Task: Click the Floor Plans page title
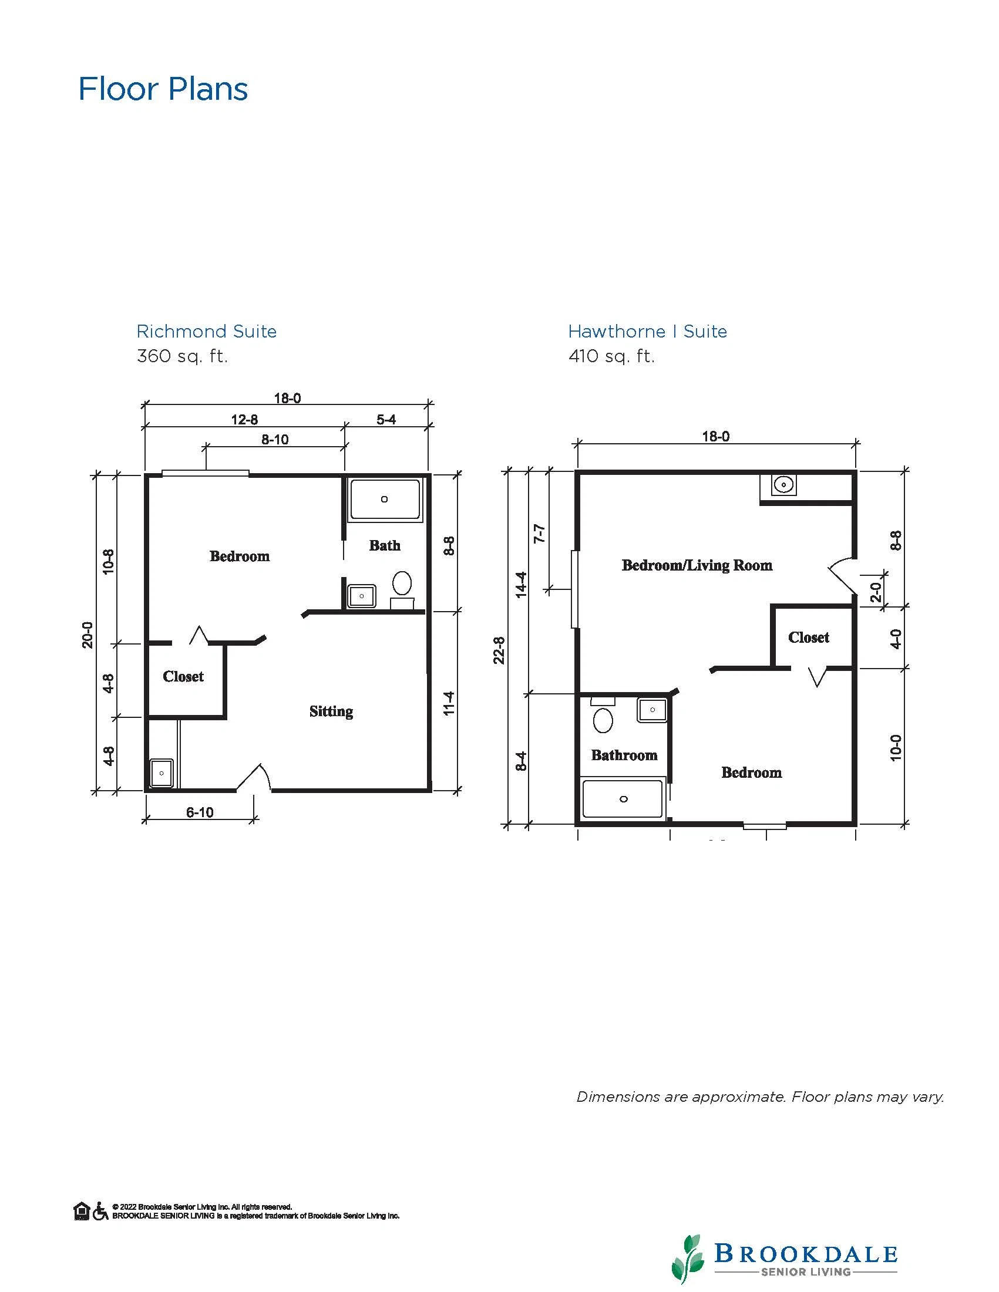pos(163,89)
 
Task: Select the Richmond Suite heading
pos(207,331)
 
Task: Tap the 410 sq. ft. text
pos(611,356)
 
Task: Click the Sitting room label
pos(331,711)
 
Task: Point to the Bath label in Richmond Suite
pos(385,545)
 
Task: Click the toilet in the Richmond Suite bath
pos(402,583)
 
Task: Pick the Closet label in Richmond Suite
pos(183,676)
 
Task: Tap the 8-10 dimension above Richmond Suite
pos(275,440)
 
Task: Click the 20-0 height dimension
pos(88,635)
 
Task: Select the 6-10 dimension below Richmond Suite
pos(200,812)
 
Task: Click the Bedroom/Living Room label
pos(697,565)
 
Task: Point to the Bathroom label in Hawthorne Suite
pos(624,755)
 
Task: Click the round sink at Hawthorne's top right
pos(783,485)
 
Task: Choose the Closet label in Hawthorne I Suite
pos(809,637)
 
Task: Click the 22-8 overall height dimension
pos(499,650)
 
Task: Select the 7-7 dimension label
pos(539,534)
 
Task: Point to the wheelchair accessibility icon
pos(100,1211)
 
